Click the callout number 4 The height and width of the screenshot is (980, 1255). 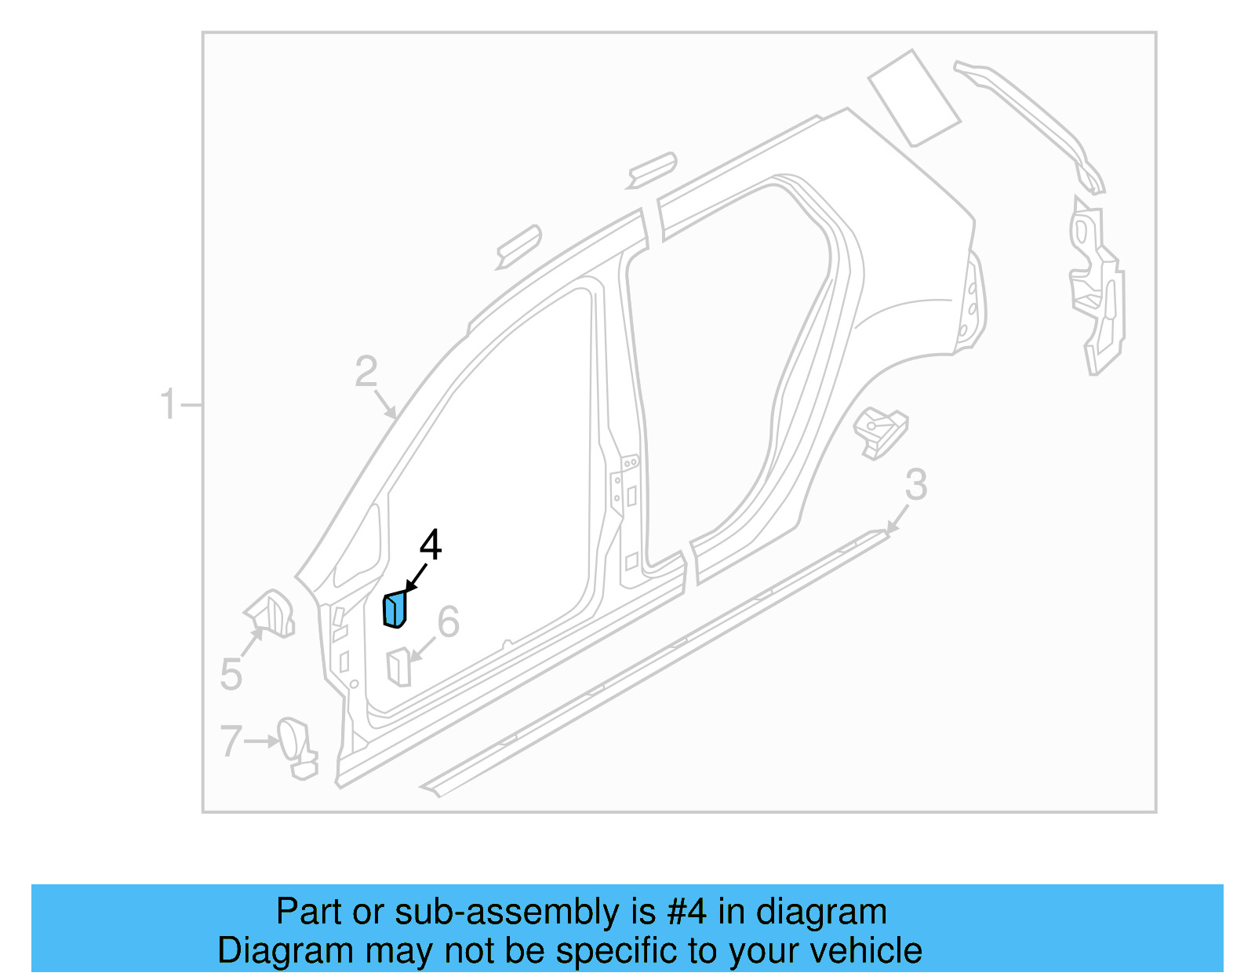pyautogui.click(x=431, y=545)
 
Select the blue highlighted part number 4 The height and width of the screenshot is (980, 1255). pyautogui.click(x=395, y=610)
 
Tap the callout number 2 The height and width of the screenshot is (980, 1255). pyautogui.click(x=366, y=372)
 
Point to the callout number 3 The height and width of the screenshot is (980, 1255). pyautogui.click(x=916, y=485)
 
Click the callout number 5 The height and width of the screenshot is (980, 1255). pyautogui.click(x=231, y=674)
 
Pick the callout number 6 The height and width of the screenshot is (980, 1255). pyautogui.click(x=448, y=622)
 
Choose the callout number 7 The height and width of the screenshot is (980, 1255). pyautogui.click(x=231, y=741)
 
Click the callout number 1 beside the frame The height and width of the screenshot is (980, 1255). pyautogui.click(x=168, y=405)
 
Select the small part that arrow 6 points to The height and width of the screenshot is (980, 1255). pyautogui.click(x=398, y=666)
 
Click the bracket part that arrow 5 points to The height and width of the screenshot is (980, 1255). pyautogui.click(x=271, y=613)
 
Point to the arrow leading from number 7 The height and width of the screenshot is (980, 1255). pyautogui.click(x=261, y=741)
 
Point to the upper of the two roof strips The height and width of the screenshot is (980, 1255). pyautogui.click(x=652, y=169)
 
